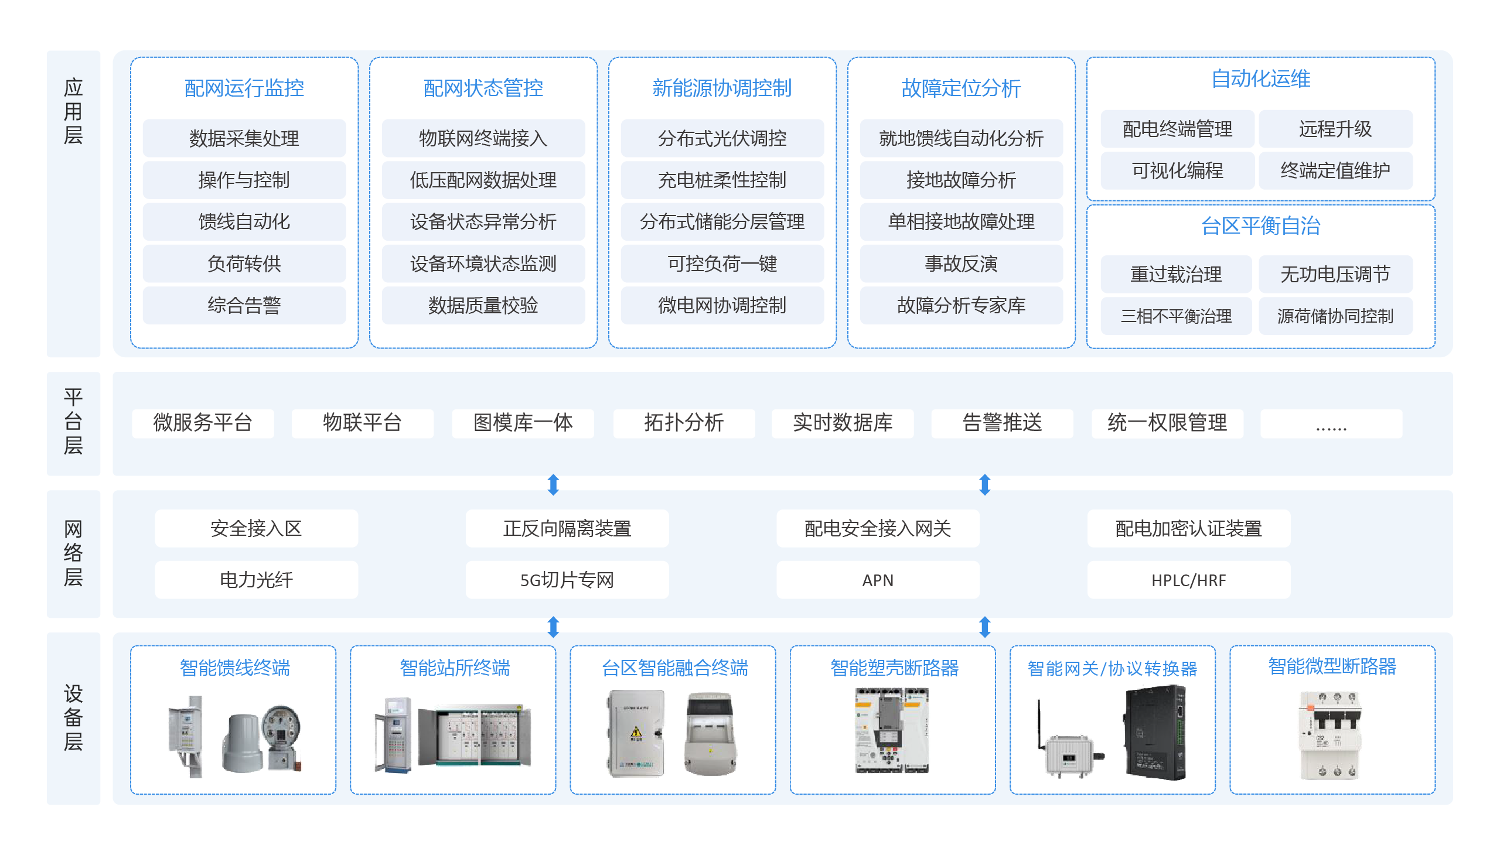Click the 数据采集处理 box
[x=244, y=138]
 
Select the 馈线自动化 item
[x=244, y=221]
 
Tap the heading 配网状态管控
[x=482, y=88]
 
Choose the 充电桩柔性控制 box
[x=721, y=180]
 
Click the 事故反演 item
[x=960, y=264]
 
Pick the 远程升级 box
[x=1334, y=129]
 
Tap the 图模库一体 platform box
[x=522, y=423]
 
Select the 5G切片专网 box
[x=567, y=580]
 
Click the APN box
[x=877, y=580]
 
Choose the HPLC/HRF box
[x=1188, y=580]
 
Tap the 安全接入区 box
[x=256, y=528]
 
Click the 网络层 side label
[x=73, y=553]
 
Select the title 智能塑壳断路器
[x=894, y=668]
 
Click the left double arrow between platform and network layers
[x=553, y=484]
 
